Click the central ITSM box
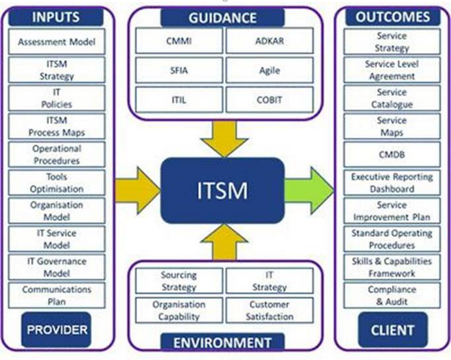click(x=222, y=190)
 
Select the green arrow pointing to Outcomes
click(x=310, y=191)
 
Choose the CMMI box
click(x=178, y=41)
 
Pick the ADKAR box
click(x=269, y=41)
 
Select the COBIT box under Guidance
click(x=269, y=99)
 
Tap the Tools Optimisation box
click(x=57, y=182)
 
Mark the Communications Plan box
click(x=57, y=295)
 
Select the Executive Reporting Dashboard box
click(x=392, y=182)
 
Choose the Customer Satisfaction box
click(x=269, y=309)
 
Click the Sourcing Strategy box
click(x=178, y=281)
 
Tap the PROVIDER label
click(x=57, y=329)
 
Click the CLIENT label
click(x=392, y=329)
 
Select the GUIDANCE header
click(x=222, y=17)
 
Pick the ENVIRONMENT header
click(x=222, y=343)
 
